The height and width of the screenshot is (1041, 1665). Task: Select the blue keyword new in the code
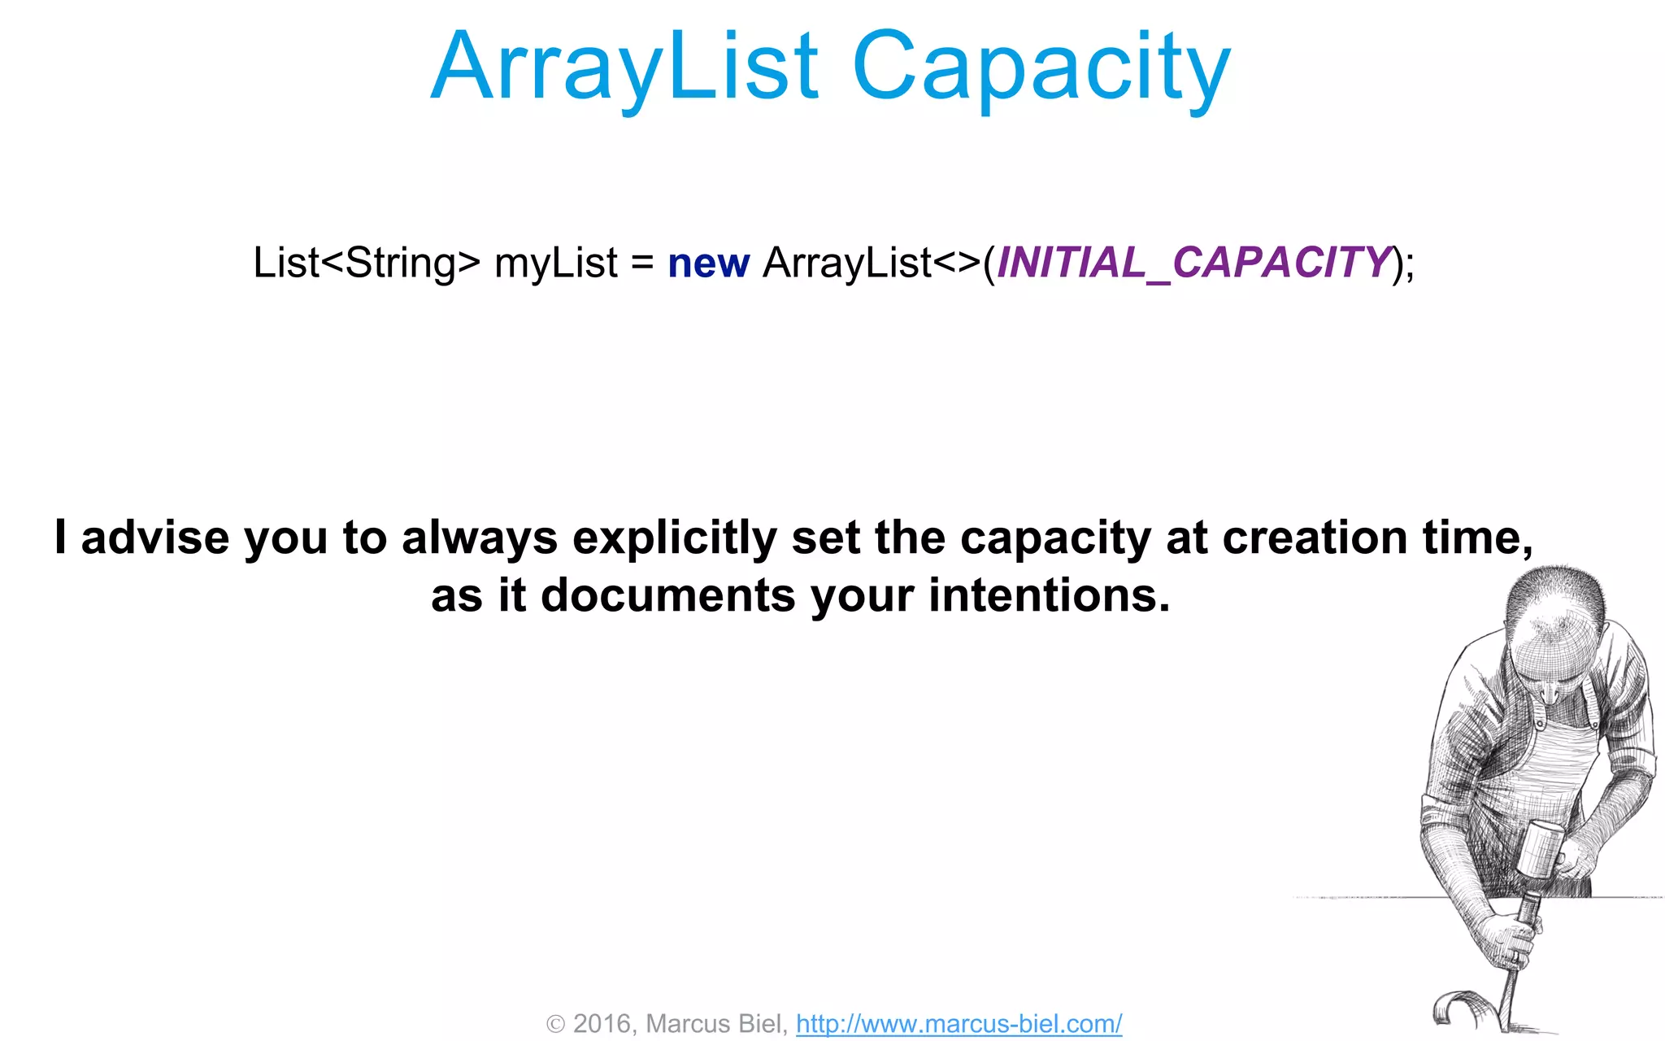click(x=708, y=264)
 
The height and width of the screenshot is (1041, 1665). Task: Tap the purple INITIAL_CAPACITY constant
click(x=1193, y=263)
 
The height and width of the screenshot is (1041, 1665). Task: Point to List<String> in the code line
click(x=366, y=263)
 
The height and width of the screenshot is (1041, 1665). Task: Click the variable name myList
click(x=556, y=263)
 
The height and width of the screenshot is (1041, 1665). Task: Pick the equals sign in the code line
click(x=642, y=264)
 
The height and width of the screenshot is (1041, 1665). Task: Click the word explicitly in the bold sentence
click(x=675, y=538)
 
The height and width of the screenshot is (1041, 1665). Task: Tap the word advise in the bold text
click(x=154, y=538)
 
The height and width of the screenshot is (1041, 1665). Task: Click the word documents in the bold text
click(x=668, y=595)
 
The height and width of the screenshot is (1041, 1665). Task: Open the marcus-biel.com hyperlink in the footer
click(x=959, y=1023)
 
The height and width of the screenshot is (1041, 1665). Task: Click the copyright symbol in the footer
click(x=555, y=1024)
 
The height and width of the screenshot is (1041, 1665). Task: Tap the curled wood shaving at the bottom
click(x=1459, y=1008)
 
